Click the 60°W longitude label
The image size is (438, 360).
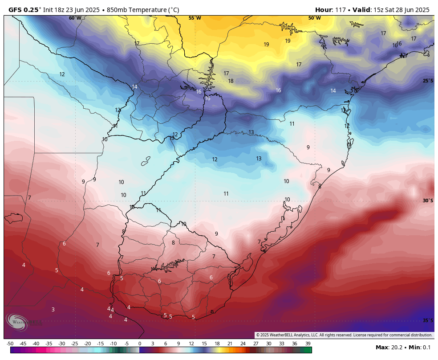(75, 18)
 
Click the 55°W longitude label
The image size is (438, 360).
(195, 18)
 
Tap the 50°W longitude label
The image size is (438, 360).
(314, 18)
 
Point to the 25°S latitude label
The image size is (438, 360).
(427, 81)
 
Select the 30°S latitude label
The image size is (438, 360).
(427, 200)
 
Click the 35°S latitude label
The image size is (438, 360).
(427, 320)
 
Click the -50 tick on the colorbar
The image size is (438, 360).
(10, 344)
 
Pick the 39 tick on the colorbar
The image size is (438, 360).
(308, 344)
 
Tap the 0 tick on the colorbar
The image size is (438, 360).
(140, 344)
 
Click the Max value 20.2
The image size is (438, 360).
(395, 348)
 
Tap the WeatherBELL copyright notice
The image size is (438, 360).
(344, 335)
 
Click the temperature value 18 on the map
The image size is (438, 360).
(231, 81)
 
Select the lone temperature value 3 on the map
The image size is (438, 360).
(53, 309)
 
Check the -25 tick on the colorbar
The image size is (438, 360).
(74, 344)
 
